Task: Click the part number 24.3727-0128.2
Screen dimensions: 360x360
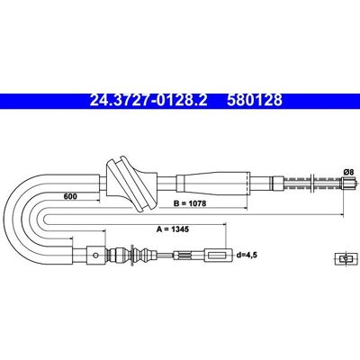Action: point(148,100)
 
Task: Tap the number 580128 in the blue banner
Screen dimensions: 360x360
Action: point(255,100)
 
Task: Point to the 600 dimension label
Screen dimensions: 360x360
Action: point(70,196)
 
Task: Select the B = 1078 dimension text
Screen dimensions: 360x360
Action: point(190,203)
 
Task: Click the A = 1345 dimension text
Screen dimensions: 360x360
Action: point(173,229)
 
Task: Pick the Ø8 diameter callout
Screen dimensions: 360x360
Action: point(348,172)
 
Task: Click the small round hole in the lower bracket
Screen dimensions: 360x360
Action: point(95,256)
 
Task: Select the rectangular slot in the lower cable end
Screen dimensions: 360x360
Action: point(217,256)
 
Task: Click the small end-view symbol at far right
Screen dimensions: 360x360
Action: point(346,259)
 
